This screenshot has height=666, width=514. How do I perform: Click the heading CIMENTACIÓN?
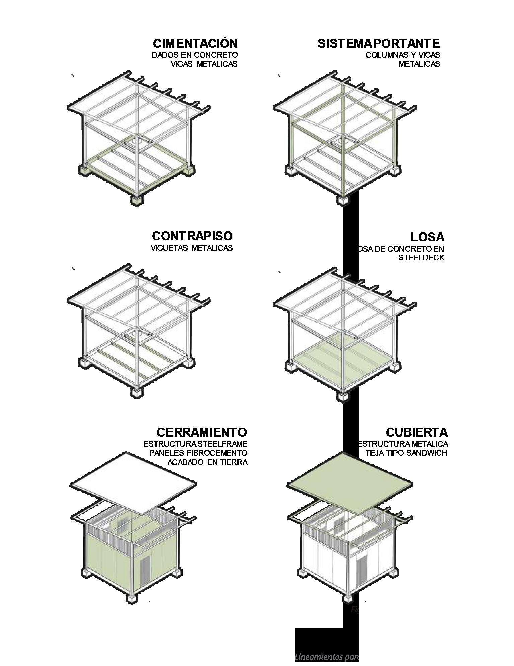point(195,44)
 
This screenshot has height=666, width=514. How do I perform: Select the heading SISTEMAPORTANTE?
point(378,44)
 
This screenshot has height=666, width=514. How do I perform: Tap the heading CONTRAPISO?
point(192,236)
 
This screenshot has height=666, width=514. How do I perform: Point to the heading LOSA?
point(427,237)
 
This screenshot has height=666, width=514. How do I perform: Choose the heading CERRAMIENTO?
point(202,432)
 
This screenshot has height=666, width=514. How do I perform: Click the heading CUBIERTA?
point(417,432)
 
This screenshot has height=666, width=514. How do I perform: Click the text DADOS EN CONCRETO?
point(195,55)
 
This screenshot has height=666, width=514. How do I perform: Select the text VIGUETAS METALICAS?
point(192,248)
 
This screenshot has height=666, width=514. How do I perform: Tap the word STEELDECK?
point(421,258)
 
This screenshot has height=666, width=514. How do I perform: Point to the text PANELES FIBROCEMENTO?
point(198,453)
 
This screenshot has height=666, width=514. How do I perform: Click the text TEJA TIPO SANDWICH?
point(407,453)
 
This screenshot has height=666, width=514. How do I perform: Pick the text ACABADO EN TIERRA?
point(208,462)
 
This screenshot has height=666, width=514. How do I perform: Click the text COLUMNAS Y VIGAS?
point(402,55)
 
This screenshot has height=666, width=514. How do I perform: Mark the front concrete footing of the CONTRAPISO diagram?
point(136,393)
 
